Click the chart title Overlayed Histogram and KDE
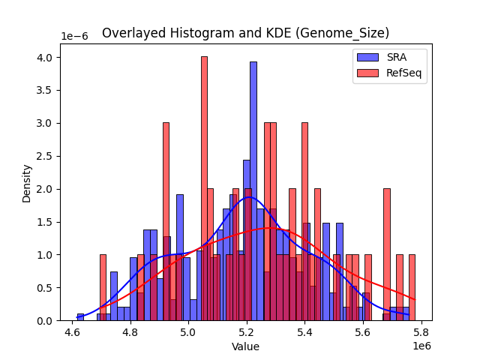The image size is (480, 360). [x=245, y=33]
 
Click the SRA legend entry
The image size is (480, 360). [x=391, y=57]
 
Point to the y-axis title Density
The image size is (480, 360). [x=27, y=184]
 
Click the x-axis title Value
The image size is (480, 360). [x=245, y=347]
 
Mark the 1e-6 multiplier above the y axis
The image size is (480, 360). [x=73, y=36]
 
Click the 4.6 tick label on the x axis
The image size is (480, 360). [x=72, y=332]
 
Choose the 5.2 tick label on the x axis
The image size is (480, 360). [x=246, y=332]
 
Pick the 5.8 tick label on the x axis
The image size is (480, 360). [x=421, y=332]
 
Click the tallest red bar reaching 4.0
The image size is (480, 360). [x=204, y=187]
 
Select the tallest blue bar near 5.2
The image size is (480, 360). [x=253, y=191]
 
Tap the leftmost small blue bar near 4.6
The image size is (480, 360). [x=80, y=317]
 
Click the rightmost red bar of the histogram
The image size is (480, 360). [x=412, y=288]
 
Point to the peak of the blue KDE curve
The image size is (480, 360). [x=248, y=197]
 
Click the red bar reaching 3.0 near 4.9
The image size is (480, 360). [x=166, y=221]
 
